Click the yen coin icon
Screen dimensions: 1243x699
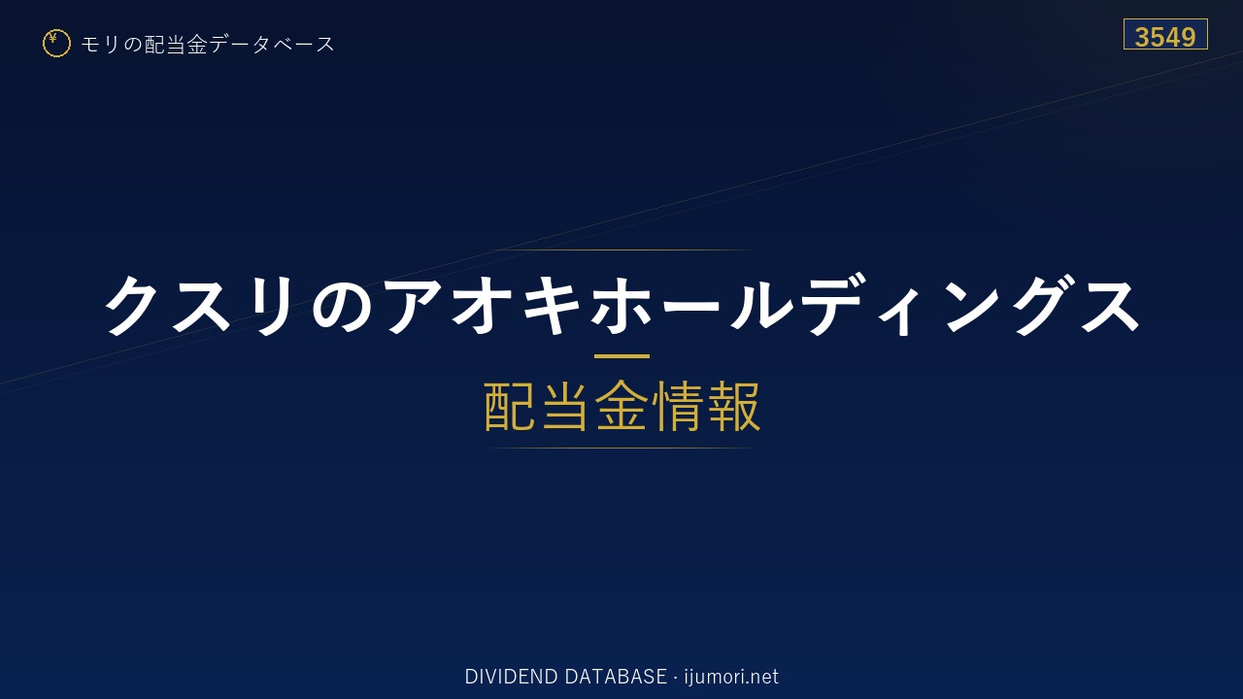click(56, 44)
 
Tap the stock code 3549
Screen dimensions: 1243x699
click(1165, 37)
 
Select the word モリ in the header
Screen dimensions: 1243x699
click(100, 44)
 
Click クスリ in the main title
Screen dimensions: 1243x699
click(198, 306)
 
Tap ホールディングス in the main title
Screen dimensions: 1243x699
click(865, 305)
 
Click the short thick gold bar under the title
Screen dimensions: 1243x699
click(621, 356)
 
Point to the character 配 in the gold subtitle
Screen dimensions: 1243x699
click(510, 406)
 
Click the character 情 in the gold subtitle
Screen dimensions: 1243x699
click(677, 406)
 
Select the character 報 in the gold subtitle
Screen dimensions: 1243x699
click(733, 406)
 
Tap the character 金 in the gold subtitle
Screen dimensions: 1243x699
click(621, 406)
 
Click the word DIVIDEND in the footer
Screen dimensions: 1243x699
click(511, 677)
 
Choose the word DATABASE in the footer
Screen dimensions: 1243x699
click(616, 677)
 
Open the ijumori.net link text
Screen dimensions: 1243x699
click(731, 677)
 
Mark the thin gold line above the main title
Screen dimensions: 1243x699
click(621, 250)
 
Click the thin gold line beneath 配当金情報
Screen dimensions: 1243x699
click(621, 448)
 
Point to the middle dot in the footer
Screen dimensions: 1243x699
click(675, 678)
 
